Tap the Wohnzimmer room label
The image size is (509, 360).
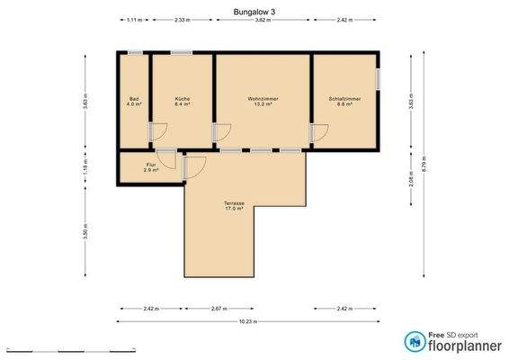[261, 97]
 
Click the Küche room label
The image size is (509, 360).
[181, 97]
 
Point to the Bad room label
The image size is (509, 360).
[134, 97]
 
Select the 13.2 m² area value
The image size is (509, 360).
[261, 103]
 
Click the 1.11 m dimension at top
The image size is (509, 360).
[134, 19]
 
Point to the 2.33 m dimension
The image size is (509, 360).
[181, 19]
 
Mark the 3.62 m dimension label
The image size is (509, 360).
[261, 19]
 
